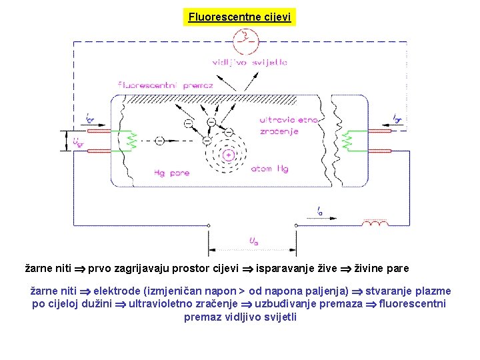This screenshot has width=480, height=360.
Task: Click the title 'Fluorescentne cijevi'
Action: (239, 17)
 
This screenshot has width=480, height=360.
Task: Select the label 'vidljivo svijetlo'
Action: (250, 63)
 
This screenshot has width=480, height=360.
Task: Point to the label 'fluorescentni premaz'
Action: (165, 85)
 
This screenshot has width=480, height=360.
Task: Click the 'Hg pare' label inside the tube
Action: (171, 173)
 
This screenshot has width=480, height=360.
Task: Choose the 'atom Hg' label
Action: (269, 169)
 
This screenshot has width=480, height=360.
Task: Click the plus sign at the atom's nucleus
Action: (228, 155)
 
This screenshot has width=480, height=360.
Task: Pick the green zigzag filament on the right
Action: (347, 141)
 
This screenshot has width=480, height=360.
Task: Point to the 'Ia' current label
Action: (321, 211)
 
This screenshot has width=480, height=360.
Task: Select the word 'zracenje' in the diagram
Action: (279, 131)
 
